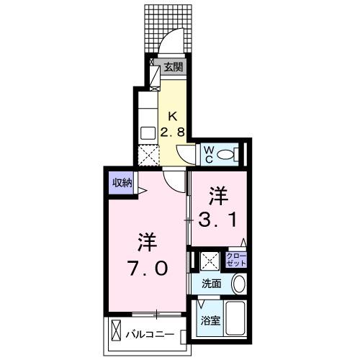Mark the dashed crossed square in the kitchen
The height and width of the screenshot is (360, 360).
(148, 155)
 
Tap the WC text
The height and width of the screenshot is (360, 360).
(207, 153)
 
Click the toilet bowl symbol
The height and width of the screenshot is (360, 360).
(228, 153)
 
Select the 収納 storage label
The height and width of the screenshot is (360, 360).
(121, 182)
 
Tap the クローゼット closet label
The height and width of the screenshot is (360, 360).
(236, 260)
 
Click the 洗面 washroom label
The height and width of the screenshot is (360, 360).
(210, 284)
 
